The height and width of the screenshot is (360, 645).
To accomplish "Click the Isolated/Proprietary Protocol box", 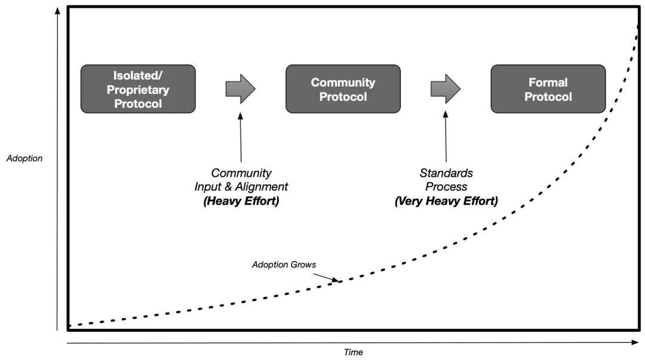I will pos(137,89).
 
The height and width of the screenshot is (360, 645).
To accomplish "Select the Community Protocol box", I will pos(343,89).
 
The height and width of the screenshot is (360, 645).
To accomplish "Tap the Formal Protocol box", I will pos(548,89).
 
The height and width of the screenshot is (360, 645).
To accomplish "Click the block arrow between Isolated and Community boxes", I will pos(241,89).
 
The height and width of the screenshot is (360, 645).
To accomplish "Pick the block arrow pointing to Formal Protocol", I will pos(446,89).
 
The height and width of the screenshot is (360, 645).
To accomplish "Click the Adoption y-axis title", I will pos(24,159).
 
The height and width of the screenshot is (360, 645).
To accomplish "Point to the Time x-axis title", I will pos(354,352).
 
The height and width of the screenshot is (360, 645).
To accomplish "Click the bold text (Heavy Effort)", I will pos(241,201).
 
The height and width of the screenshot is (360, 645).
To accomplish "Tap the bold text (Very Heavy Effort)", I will pos(446,201).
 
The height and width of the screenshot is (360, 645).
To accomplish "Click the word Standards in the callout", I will pos(446,174).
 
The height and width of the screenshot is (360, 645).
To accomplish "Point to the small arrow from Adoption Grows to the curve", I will pos(325,276).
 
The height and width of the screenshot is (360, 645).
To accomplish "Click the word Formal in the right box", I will pos(548,82).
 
